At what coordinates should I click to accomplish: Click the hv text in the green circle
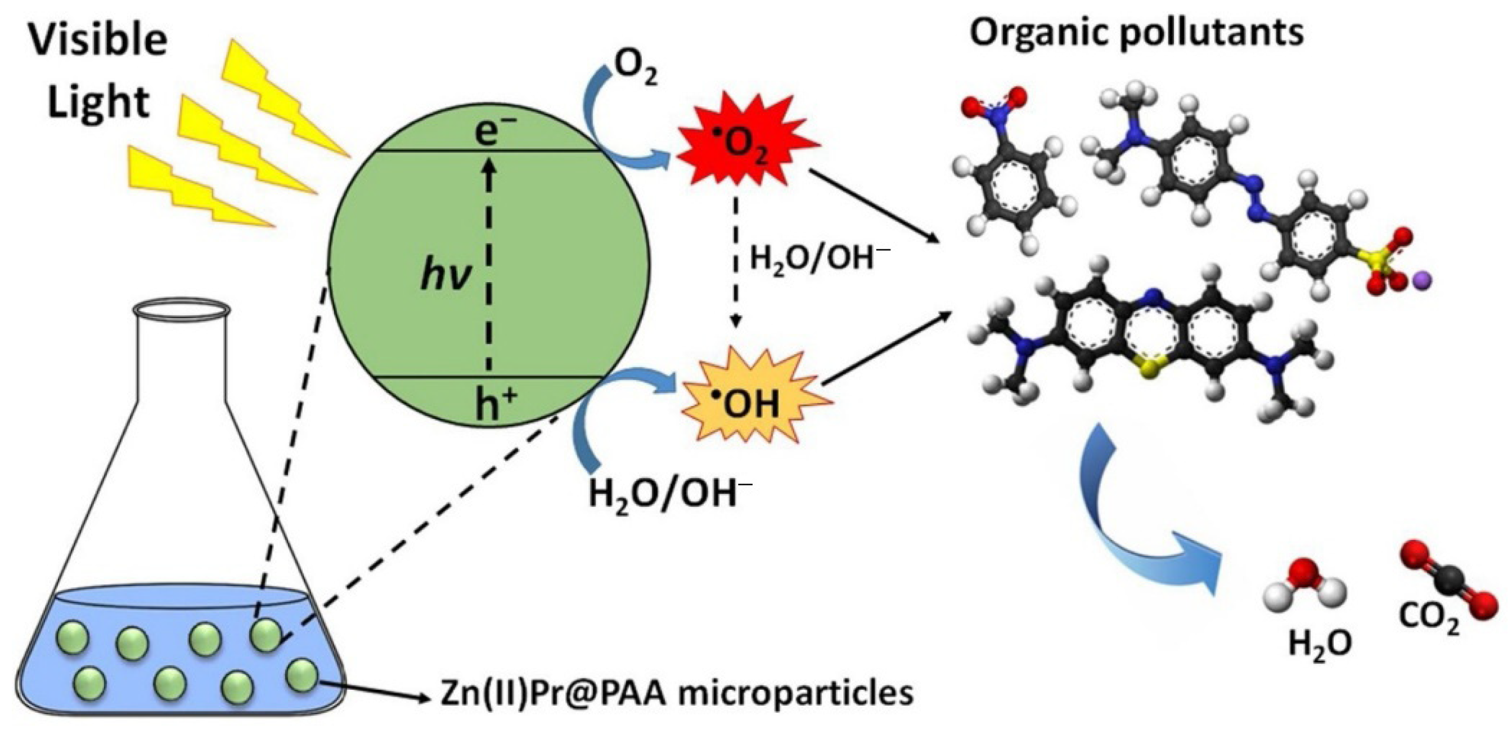tap(447, 276)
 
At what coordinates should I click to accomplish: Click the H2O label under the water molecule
tap(1320, 643)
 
